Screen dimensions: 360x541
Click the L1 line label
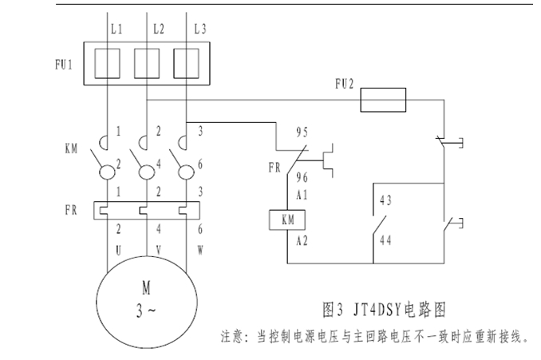(117, 30)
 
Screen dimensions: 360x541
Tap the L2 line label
(158, 30)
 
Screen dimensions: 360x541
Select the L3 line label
(200, 30)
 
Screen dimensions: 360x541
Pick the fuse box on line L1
(107, 61)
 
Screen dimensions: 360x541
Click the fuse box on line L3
(186, 61)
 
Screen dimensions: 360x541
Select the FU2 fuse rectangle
(385, 101)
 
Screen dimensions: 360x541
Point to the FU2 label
(346, 81)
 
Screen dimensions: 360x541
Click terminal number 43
(386, 200)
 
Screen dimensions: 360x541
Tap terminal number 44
(386, 238)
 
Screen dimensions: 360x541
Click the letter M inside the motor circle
(145, 288)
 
